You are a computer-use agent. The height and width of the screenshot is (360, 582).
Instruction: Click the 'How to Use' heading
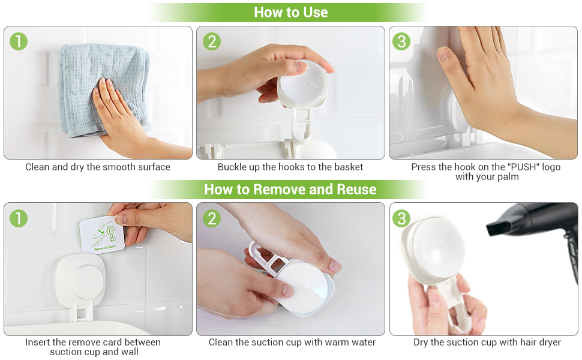click(290, 12)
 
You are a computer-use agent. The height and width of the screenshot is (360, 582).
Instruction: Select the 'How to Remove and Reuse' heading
click(290, 190)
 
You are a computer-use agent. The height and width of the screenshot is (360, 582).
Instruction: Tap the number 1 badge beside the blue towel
click(19, 41)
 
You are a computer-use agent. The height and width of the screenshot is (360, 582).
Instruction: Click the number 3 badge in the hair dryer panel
click(401, 218)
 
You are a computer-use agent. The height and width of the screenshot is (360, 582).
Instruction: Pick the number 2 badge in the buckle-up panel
click(212, 41)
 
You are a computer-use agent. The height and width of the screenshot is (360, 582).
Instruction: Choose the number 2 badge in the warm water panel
click(212, 218)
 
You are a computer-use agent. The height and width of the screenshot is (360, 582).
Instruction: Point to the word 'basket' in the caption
click(348, 167)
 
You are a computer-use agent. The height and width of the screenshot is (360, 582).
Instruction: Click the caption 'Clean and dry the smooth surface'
click(98, 167)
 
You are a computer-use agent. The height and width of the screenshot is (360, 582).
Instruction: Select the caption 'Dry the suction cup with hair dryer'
click(487, 342)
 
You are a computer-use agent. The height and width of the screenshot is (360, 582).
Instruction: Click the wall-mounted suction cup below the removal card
click(81, 281)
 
